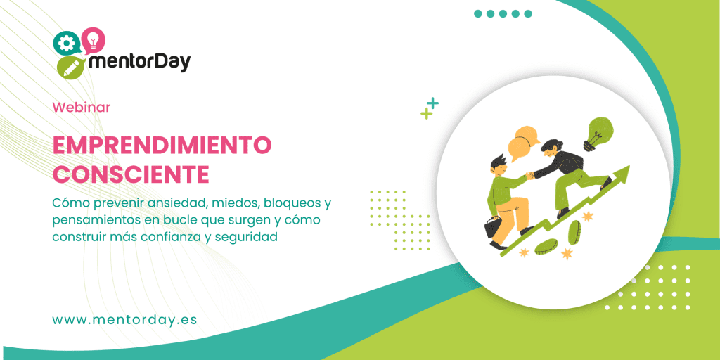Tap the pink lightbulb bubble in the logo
(93, 39)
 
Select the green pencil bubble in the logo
(70, 67)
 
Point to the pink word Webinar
(82, 108)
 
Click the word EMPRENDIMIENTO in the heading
(162, 146)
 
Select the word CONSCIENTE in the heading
(131, 173)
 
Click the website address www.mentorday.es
(124, 319)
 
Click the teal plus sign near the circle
(433, 103)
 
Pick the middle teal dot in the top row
(503, 13)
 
